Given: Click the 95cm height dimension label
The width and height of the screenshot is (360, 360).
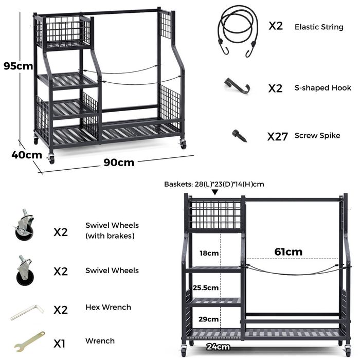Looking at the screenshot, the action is click(19, 66).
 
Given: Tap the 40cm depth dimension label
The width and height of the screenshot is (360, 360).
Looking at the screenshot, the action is click(27, 155).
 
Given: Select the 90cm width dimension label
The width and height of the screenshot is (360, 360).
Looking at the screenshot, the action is click(119, 163).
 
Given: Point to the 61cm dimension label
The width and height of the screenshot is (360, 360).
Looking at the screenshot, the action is click(289, 252).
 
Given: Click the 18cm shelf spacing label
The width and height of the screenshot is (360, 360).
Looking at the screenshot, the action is click(209, 253).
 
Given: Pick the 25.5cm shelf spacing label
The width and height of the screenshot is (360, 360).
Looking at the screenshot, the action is click(206, 287).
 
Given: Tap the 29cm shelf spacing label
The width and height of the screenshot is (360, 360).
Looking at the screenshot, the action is click(208, 319).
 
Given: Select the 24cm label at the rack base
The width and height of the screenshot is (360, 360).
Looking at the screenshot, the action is click(218, 347).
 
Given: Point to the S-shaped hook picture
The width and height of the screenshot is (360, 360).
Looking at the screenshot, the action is click(238, 86).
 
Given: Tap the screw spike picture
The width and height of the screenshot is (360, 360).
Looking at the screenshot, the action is click(239, 136).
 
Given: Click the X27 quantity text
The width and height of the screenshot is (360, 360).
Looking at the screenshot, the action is click(278, 137).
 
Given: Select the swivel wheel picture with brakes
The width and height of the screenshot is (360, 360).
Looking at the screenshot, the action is click(24, 225).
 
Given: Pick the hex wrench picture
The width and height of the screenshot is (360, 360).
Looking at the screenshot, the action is click(27, 312).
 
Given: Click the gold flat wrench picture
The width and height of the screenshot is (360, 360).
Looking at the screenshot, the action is click(29, 341).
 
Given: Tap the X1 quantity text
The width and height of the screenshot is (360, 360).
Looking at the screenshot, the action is click(60, 344).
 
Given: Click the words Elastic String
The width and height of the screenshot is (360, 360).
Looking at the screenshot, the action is click(319, 27).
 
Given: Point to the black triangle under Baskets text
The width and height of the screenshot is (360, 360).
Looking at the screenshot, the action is click(215, 192).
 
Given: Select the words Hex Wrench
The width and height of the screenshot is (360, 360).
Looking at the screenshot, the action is click(109, 307).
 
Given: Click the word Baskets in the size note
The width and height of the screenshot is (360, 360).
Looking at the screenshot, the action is click(178, 184).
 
